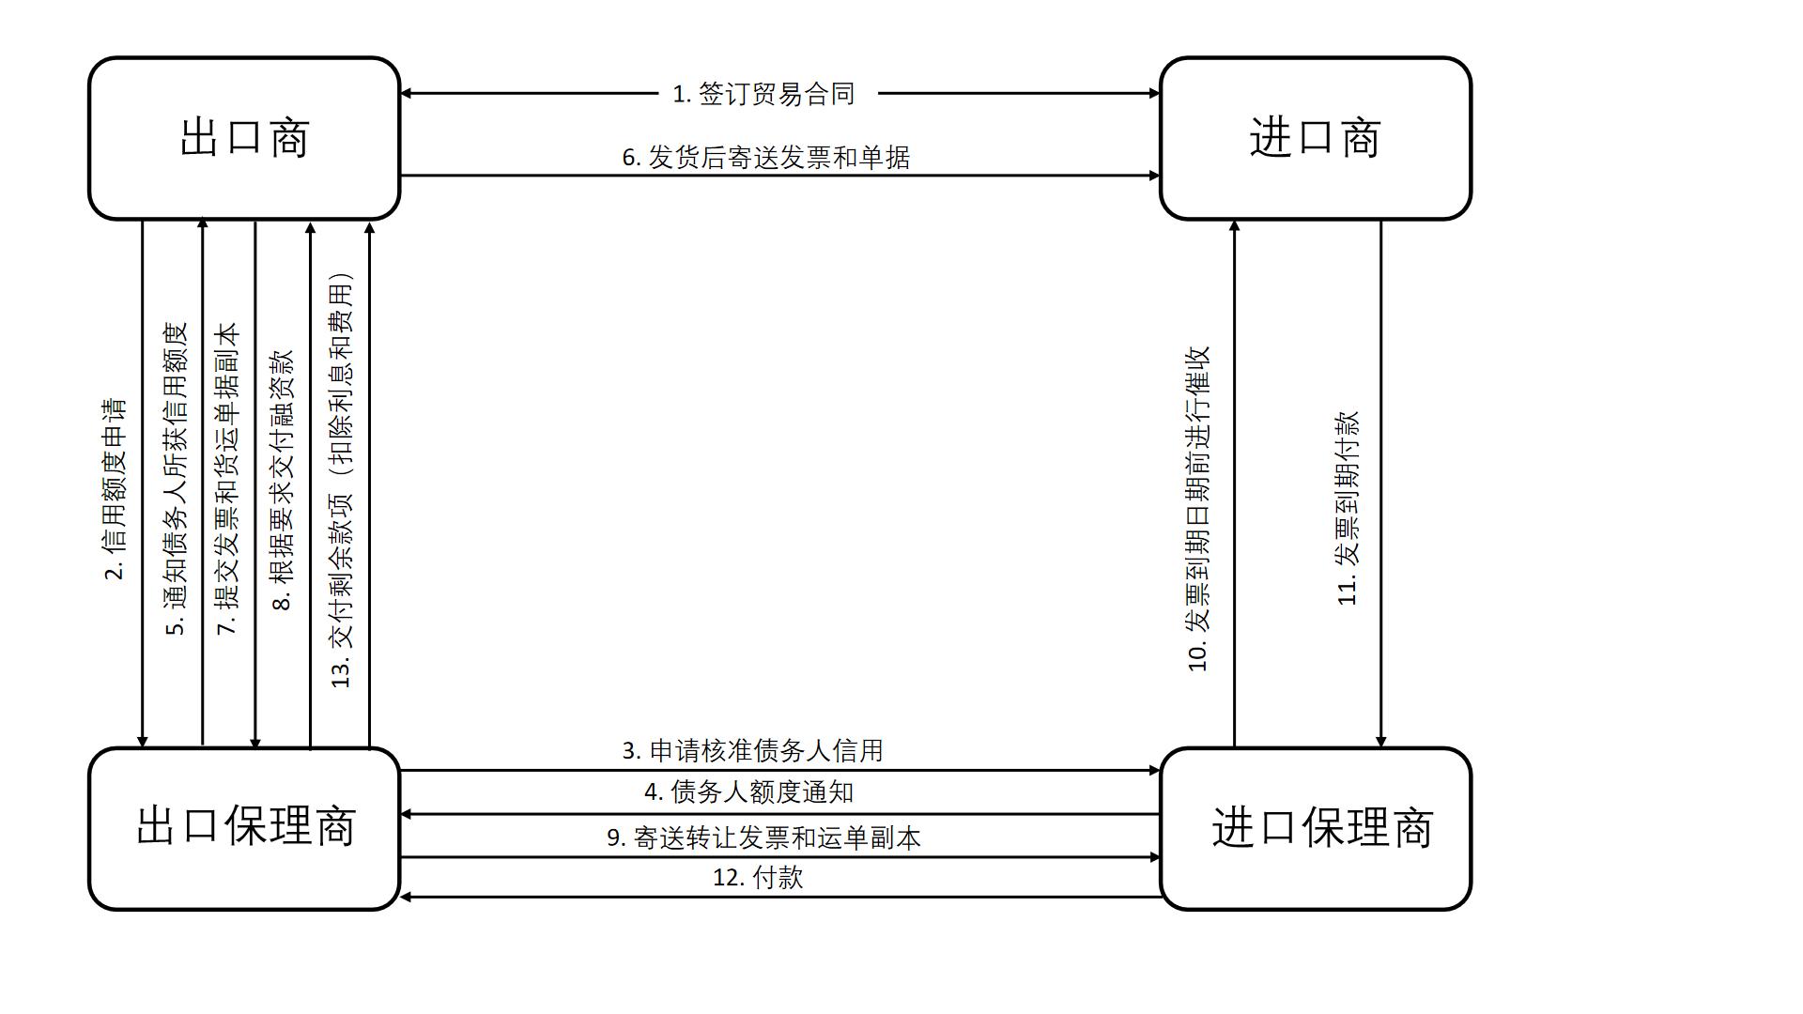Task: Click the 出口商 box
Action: (244, 138)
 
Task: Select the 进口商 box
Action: (1315, 138)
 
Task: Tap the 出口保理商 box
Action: (244, 828)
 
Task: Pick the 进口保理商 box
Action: (1315, 828)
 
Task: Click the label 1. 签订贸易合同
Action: (764, 94)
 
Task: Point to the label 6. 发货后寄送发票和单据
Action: (766, 158)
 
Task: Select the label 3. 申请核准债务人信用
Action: (753, 751)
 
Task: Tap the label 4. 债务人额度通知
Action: (749, 792)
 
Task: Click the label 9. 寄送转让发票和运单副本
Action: (764, 837)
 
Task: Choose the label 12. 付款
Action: (759, 878)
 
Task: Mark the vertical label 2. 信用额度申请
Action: (115, 488)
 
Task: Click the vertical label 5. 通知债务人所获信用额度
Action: (177, 479)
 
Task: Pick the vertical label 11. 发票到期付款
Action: (1348, 508)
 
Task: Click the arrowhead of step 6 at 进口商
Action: (1154, 176)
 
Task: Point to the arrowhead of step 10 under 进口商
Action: (1234, 226)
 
